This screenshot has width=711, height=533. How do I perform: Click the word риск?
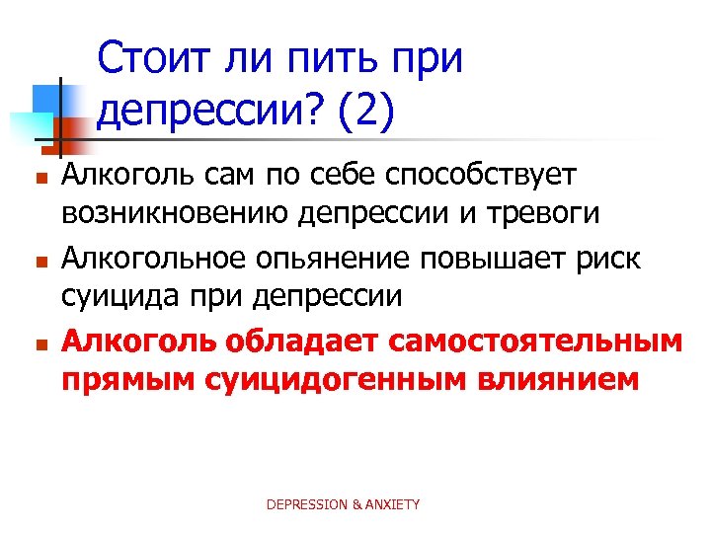coord(614,260)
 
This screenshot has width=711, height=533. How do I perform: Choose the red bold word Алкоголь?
coord(139,342)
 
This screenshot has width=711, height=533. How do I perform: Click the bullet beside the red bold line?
coord(39,345)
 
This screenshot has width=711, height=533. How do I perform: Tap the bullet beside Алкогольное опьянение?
coord(39,264)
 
